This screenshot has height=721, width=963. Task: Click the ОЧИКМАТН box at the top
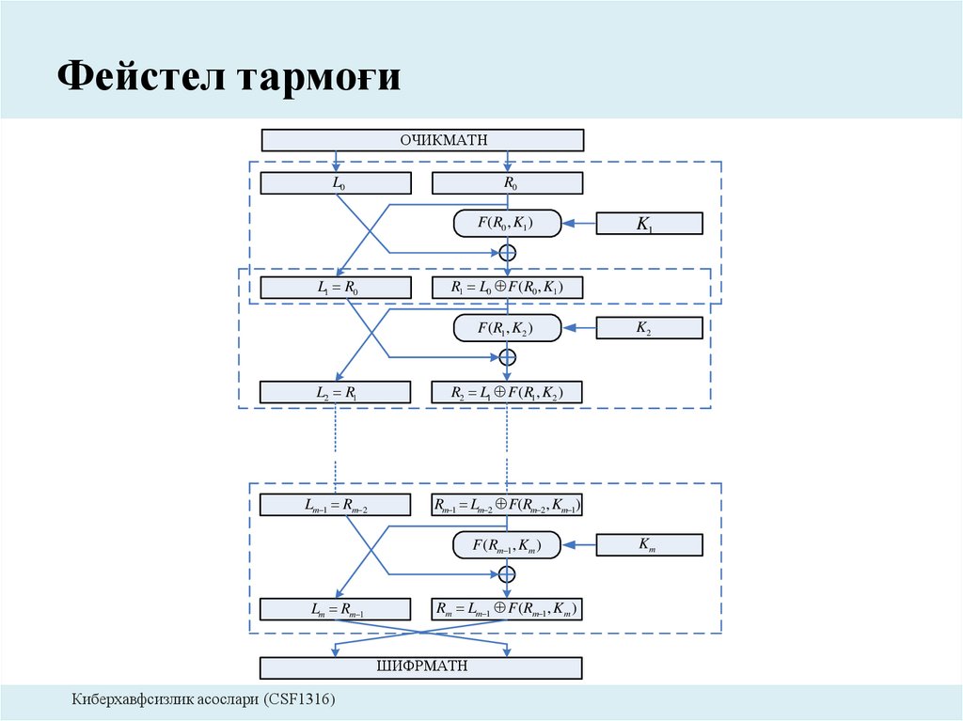(x=422, y=140)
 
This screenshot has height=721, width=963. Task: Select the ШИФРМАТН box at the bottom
(x=422, y=667)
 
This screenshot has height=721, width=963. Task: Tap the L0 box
(x=336, y=183)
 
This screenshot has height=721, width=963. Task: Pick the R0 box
(x=507, y=183)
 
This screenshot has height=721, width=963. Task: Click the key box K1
(x=650, y=224)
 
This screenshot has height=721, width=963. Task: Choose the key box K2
(x=650, y=328)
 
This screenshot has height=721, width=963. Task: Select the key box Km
(x=650, y=545)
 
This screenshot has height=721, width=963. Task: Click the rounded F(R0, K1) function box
(x=507, y=224)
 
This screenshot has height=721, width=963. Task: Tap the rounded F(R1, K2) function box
(x=507, y=328)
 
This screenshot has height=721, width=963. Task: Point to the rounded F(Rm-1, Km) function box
(x=507, y=545)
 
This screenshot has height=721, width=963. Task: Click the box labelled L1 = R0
(x=336, y=288)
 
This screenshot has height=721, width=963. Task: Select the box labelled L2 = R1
(x=336, y=392)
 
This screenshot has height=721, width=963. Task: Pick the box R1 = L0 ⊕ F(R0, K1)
(x=507, y=288)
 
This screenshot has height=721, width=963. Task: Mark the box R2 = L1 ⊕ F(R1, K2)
(x=507, y=392)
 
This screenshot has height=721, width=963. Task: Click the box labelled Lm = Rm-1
(x=336, y=610)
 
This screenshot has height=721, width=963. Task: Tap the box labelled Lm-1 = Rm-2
(x=336, y=506)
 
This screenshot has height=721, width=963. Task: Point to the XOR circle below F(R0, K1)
(x=508, y=252)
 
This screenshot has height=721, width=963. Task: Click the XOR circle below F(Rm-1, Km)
(x=508, y=574)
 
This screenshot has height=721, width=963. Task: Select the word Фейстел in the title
(x=138, y=77)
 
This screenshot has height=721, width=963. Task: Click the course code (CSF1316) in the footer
(x=299, y=699)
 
